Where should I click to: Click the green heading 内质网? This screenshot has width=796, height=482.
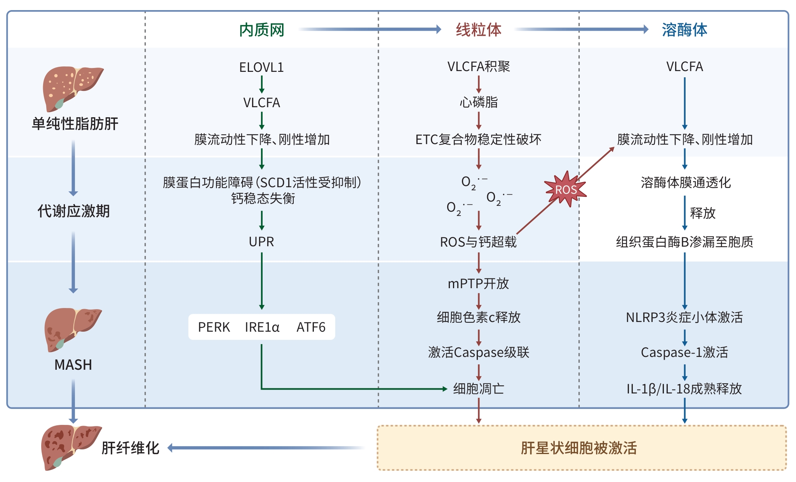[x=261, y=30]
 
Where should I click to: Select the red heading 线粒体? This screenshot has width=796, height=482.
[x=479, y=30]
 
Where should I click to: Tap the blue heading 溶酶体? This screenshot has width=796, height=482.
[x=685, y=30]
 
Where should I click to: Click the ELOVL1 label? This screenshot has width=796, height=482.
[x=261, y=68]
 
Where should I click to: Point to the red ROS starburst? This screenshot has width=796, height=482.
[x=566, y=189]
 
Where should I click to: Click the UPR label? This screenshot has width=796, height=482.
[x=261, y=242]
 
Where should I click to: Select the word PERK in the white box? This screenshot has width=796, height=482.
[x=214, y=327]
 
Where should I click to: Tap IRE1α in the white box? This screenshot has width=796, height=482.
[x=262, y=327]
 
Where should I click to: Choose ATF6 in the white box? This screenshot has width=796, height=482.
[x=311, y=327]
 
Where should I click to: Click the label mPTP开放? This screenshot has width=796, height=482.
[x=479, y=284]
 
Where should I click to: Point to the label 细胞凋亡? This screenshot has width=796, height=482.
[x=479, y=388]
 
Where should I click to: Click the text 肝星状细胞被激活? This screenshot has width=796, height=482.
[x=579, y=448]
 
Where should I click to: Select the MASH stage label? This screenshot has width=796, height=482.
[x=73, y=365]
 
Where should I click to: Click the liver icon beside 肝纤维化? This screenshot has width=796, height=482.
[x=71, y=447]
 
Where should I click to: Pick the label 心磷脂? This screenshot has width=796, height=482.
[x=479, y=102]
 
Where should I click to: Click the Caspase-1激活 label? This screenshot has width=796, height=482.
[x=685, y=352]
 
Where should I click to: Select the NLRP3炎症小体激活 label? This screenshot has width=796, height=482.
[x=685, y=317]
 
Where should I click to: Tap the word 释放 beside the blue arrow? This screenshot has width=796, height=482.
[x=703, y=213]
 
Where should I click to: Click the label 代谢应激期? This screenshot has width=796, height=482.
[x=73, y=211]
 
